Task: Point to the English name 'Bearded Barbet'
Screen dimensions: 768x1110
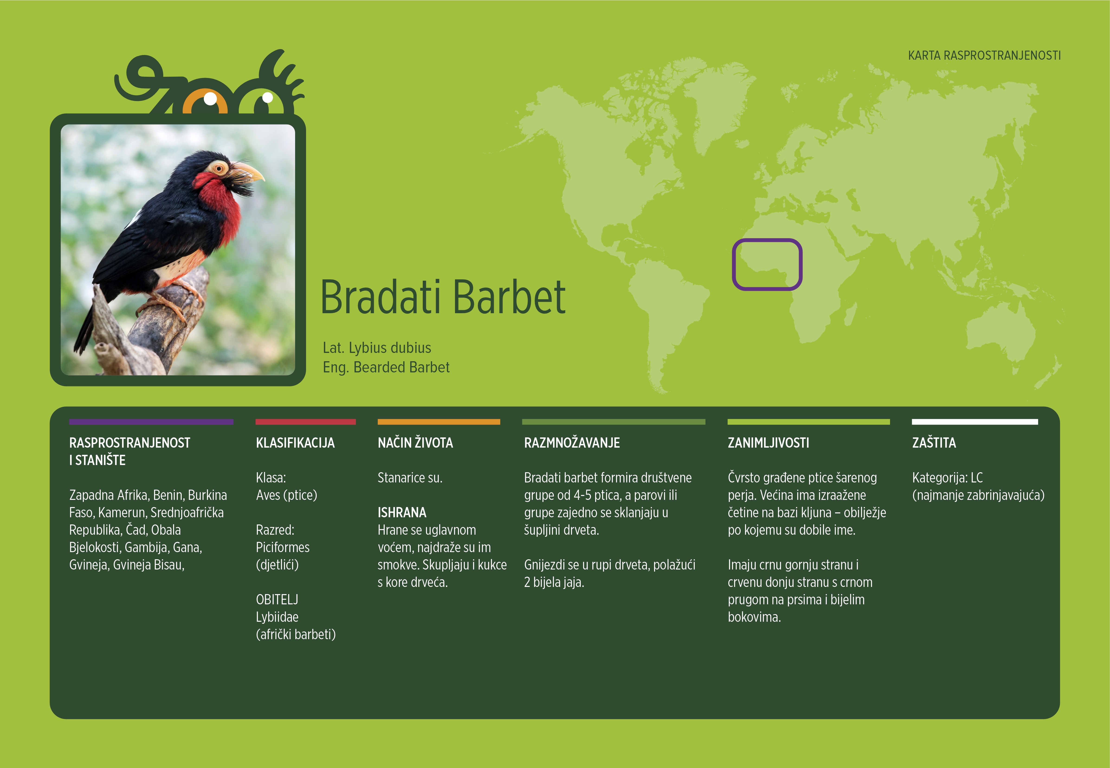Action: pos(401,367)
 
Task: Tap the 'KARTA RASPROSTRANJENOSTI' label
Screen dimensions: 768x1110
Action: pos(984,55)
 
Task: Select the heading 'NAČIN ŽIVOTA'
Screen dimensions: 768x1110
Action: pos(415,443)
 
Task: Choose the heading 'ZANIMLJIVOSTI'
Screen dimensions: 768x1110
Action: pos(768,443)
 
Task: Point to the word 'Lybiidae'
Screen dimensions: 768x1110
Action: pos(277,617)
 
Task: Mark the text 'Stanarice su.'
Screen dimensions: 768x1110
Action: pos(410,478)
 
